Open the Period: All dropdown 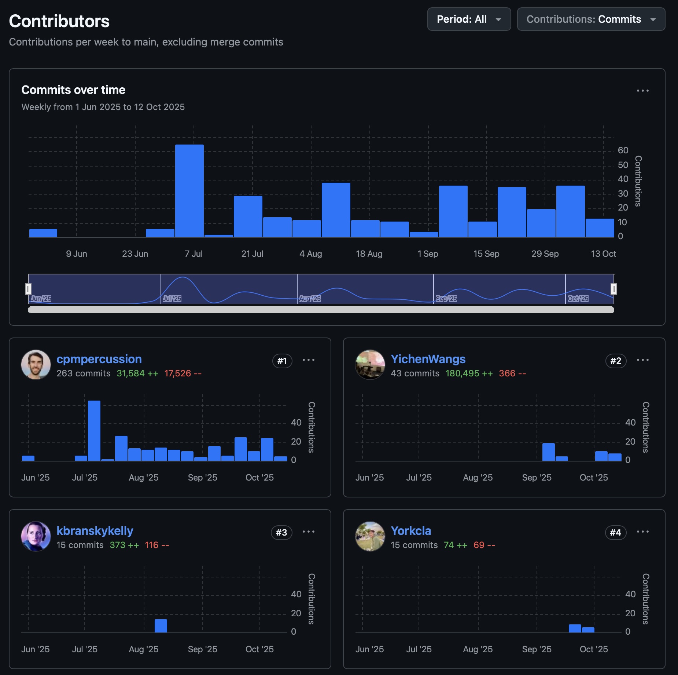pyautogui.click(x=469, y=19)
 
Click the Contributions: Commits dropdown pyautogui.click(x=591, y=19)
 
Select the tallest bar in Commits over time pyautogui.click(x=189, y=191)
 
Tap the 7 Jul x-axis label pyautogui.click(x=194, y=254)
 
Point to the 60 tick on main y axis pyautogui.click(x=623, y=150)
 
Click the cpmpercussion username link pyautogui.click(x=99, y=359)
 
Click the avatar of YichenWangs pyautogui.click(x=370, y=365)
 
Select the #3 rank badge pyautogui.click(x=281, y=533)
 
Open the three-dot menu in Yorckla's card pyautogui.click(x=642, y=532)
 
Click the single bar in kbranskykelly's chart pyautogui.click(x=161, y=626)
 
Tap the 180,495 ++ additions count pyautogui.click(x=469, y=373)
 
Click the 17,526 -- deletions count pyautogui.click(x=183, y=373)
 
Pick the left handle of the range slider pyautogui.click(x=28, y=289)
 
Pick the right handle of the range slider pyautogui.click(x=614, y=289)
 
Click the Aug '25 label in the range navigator pyautogui.click(x=310, y=299)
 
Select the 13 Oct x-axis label pyautogui.click(x=603, y=254)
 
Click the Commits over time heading pyautogui.click(x=73, y=90)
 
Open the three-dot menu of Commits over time pyautogui.click(x=642, y=91)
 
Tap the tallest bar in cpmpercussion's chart pyautogui.click(x=94, y=431)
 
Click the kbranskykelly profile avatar pyautogui.click(x=36, y=536)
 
